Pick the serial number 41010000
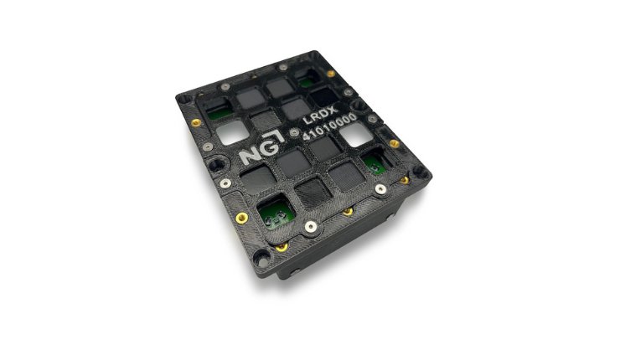330,126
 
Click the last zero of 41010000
352,117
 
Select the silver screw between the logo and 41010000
293,132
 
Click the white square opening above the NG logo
233,132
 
